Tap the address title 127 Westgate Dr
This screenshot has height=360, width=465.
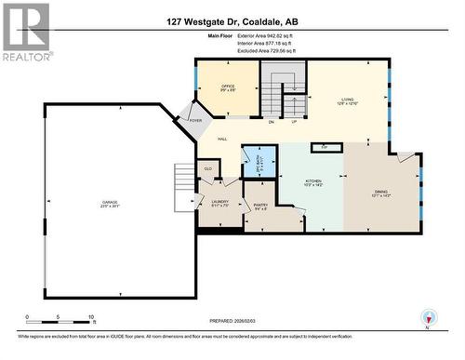pyautogui.click(x=232, y=20)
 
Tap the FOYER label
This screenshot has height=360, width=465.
pyautogui.click(x=196, y=121)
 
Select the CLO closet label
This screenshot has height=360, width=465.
pyautogui.click(x=208, y=168)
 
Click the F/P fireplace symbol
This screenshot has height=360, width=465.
pyautogui.click(x=325, y=147)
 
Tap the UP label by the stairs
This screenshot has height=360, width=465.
pyautogui.click(x=294, y=121)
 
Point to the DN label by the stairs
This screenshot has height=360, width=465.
pyautogui.click(x=271, y=121)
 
